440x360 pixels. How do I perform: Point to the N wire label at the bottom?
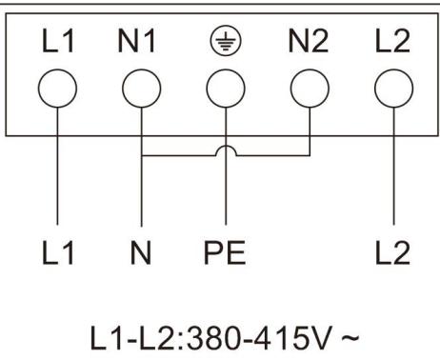[x=141, y=253]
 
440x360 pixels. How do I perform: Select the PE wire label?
[x=225, y=253]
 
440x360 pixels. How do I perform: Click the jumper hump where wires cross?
[x=225, y=150]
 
